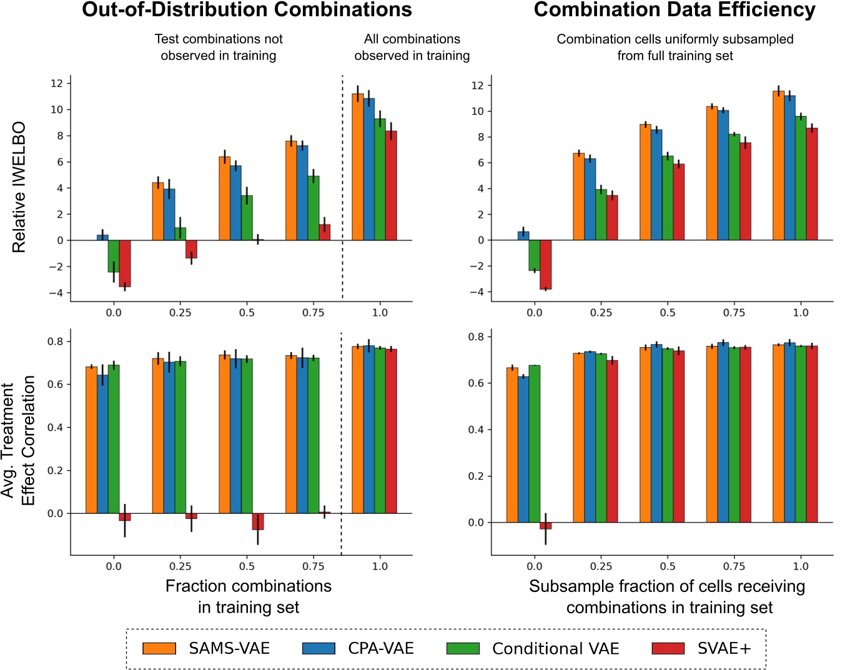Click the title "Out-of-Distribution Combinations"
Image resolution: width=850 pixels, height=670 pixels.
point(247,11)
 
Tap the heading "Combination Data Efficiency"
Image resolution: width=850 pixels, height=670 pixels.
point(675,11)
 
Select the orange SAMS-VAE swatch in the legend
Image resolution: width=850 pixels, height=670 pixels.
point(159,649)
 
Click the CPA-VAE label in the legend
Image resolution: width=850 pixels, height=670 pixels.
point(381,649)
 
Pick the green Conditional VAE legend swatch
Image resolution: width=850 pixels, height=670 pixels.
point(463,649)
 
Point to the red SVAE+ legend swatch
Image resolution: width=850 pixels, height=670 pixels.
point(668,649)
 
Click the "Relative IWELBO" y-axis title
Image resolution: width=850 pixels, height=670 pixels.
point(19,187)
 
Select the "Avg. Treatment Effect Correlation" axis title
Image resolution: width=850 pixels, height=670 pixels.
point(18,440)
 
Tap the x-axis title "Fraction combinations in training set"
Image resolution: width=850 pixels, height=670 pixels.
point(248,596)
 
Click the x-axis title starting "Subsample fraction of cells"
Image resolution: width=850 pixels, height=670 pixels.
point(667,596)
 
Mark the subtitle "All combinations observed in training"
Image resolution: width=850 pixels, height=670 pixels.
point(412,47)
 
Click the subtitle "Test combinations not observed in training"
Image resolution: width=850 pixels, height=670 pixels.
point(218,47)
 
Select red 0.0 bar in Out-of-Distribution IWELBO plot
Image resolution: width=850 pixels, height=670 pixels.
point(125,263)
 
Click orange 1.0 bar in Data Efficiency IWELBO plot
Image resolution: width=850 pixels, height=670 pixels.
point(778,165)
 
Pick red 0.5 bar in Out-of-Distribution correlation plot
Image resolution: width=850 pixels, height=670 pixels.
point(258,521)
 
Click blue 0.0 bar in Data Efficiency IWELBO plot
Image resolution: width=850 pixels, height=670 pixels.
point(523,236)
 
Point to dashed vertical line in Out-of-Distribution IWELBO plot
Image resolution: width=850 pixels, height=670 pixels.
point(342,187)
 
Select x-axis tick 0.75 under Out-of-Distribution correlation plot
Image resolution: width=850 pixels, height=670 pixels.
point(313,566)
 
